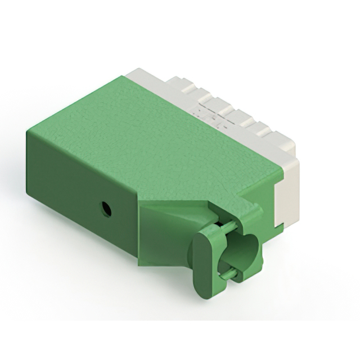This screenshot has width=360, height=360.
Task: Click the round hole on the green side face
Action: (x=105, y=210)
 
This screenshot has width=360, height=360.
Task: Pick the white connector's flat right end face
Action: (x=287, y=200)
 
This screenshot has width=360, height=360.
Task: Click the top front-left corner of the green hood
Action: (x=27, y=130)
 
